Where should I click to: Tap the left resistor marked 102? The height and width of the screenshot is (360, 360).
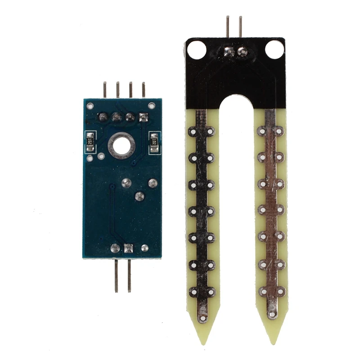pyautogui.click(x=90, y=141)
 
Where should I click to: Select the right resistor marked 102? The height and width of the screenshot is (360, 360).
pyautogui.click(x=154, y=142)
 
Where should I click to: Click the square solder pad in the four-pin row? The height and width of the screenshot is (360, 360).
pyautogui.click(x=144, y=118)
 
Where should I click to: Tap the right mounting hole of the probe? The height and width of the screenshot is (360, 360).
pyautogui.click(x=274, y=49)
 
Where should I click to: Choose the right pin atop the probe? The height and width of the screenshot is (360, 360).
pyautogui.click(x=240, y=27)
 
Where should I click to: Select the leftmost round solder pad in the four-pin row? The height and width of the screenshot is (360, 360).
pyautogui.click(x=103, y=117)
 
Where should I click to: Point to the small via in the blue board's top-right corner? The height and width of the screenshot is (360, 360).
pyautogui.click(x=153, y=106)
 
